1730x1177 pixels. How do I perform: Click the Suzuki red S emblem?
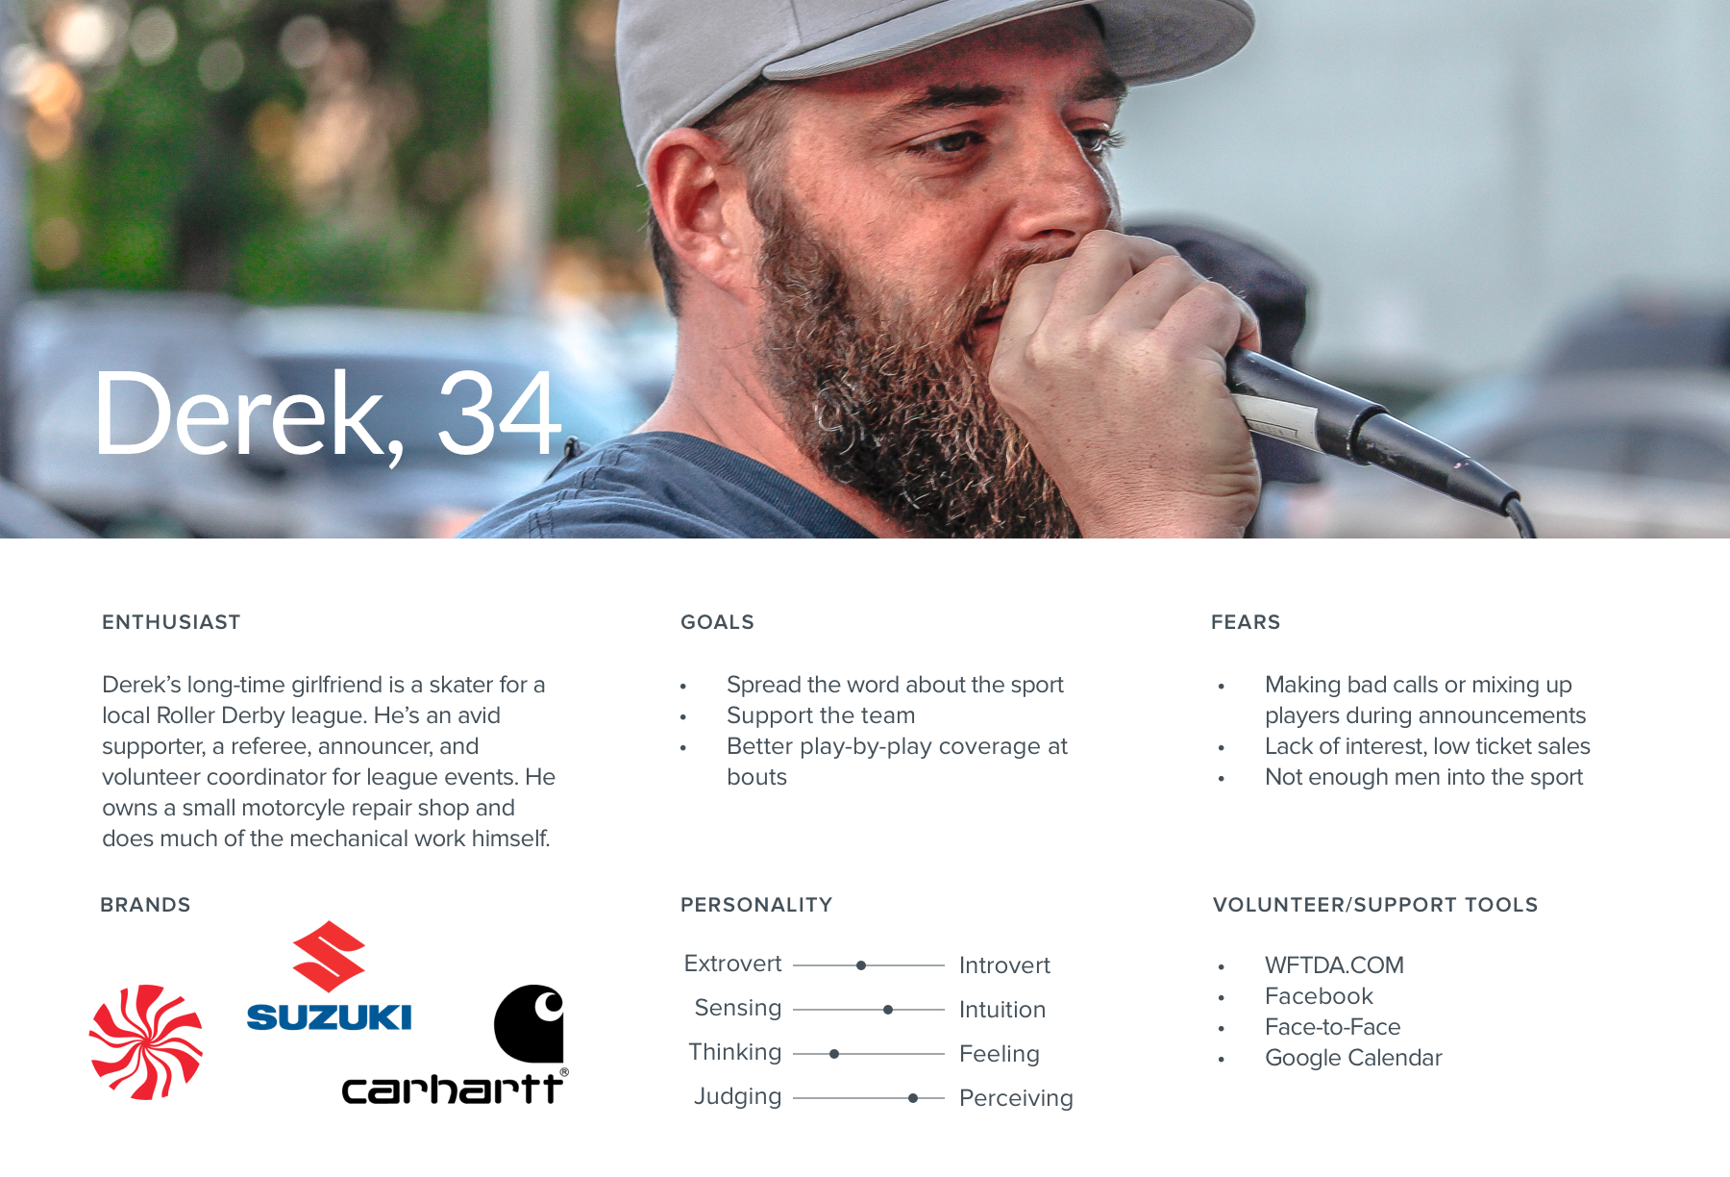coord(329,957)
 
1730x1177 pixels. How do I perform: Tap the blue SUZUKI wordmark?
coord(329,1017)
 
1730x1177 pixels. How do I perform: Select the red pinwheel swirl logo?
coord(146,1041)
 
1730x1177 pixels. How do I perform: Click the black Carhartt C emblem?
coord(529,1023)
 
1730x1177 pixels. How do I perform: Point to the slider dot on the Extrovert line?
coord(861,965)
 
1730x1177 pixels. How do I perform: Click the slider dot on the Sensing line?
coord(888,1010)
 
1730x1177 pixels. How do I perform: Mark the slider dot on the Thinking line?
coord(834,1054)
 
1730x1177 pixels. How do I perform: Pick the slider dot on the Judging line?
coord(913,1098)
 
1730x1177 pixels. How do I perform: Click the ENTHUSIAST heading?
coord(171,622)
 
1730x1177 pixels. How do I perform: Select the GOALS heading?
coord(717,622)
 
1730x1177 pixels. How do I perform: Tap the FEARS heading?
coord(1246,622)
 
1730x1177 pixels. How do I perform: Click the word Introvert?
coord(1004,965)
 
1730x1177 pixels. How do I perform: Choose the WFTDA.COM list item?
coord(1334,965)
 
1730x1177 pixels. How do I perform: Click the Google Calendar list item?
coord(1353,1058)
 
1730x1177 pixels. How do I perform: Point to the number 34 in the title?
coord(499,414)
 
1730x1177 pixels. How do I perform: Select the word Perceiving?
coord(1016,1098)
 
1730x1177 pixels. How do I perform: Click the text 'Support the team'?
coord(821,715)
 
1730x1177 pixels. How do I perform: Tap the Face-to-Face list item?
coord(1332,1027)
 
